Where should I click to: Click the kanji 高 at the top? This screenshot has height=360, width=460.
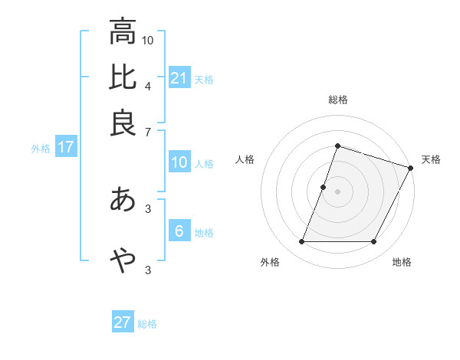point(123,32)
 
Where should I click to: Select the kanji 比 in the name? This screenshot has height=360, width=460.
point(123,77)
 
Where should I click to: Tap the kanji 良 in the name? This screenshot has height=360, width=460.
point(123,123)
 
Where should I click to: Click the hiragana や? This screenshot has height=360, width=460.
point(123,260)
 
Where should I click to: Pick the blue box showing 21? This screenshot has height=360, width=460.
point(179,78)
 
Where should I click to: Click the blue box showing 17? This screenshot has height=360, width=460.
point(65,148)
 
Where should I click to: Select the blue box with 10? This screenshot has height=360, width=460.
point(179,162)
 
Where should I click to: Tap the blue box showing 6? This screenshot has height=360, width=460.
point(179,231)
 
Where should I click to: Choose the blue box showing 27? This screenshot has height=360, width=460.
point(123,322)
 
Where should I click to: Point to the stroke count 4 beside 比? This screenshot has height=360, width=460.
point(148,86)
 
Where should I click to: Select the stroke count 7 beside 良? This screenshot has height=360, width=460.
point(148,132)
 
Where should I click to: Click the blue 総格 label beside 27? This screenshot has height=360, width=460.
point(147,324)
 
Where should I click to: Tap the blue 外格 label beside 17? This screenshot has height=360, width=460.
point(40,149)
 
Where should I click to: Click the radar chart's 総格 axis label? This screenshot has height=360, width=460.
point(337,100)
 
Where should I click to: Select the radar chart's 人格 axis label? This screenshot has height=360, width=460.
point(245,159)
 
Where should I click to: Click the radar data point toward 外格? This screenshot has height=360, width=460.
point(301,242)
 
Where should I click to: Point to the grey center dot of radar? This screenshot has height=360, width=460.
point(337,191)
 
